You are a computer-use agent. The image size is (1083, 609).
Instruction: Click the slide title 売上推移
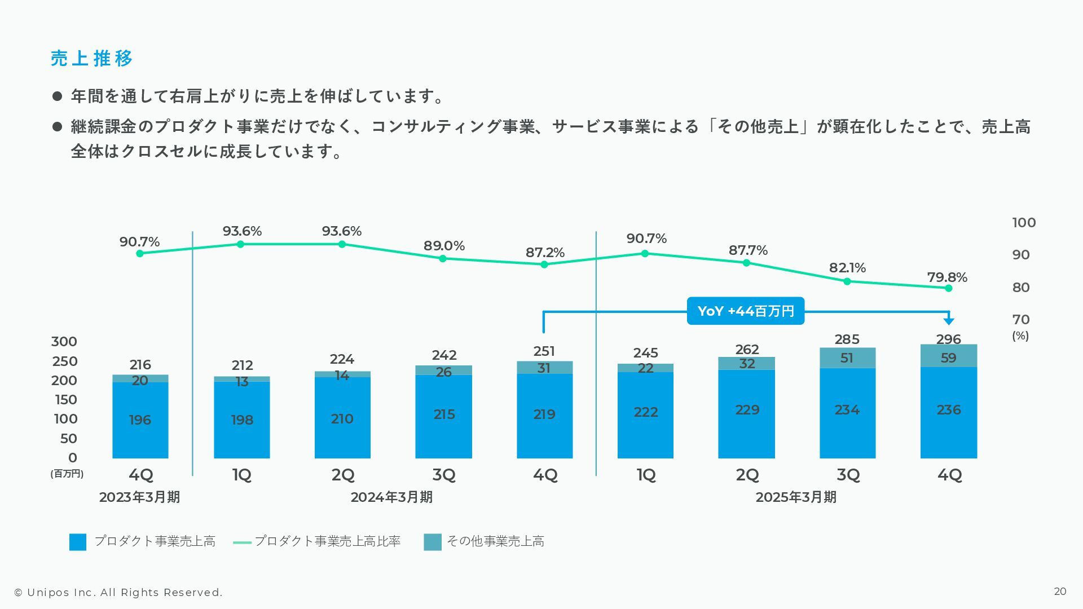91,58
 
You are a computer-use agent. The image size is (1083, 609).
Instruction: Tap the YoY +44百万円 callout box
745,311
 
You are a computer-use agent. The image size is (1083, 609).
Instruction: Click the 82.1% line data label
847,268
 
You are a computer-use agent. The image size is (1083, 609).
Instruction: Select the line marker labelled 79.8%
949,288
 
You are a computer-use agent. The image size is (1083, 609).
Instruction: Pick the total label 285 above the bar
847,339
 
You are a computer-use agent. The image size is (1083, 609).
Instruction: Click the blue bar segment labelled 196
140,420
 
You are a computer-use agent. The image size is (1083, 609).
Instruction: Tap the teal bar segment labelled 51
847,358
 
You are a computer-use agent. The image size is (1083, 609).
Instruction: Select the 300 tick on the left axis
64,342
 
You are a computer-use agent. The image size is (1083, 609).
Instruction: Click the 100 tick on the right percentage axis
1024,223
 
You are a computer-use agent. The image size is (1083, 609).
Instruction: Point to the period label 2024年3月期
391,497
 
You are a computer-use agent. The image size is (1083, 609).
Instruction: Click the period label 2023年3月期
139,497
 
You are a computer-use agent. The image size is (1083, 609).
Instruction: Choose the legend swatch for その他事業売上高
433,542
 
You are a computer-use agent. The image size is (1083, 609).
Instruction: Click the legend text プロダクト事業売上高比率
327,541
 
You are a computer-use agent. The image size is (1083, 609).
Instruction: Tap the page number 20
1060,592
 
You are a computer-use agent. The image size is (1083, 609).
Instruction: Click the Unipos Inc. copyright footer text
118,593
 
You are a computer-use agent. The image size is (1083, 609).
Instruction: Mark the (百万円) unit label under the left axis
67,474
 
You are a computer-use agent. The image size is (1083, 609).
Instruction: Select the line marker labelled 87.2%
544,264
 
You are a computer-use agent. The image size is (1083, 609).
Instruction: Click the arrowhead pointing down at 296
949,321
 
